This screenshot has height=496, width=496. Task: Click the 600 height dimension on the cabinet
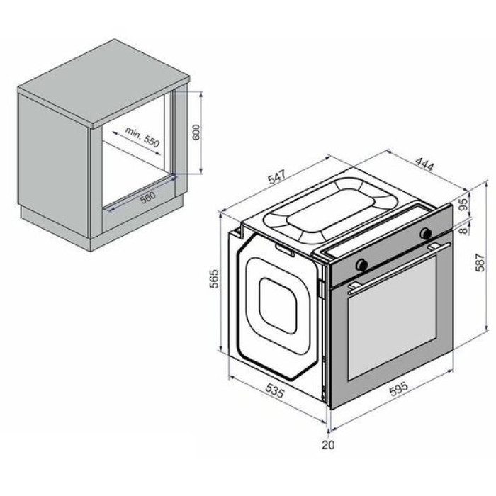(x=196, y=133)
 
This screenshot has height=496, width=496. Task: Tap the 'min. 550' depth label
(x=142, y=137)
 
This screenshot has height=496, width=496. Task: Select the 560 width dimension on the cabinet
(x=148, y=198)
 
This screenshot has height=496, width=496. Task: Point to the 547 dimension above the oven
(x=277, y=177)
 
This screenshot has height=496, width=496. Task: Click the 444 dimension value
(x=424, y=164)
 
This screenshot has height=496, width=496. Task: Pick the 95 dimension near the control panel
(x=463, y=205)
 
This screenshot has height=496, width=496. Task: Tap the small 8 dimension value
(x=463, y=230)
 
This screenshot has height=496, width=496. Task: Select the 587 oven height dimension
(x=480, y=262)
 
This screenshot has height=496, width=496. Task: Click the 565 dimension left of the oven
(x=214, y=278)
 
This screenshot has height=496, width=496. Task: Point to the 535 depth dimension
(x=275, y=390)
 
